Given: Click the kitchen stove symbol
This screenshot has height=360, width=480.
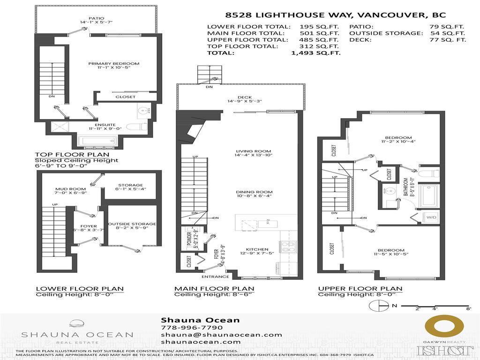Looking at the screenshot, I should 286,247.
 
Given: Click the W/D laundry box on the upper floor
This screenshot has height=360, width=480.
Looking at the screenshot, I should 430,217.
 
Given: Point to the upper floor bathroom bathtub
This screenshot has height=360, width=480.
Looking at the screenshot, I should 428,196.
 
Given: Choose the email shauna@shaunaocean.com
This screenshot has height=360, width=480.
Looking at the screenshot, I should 221,335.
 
